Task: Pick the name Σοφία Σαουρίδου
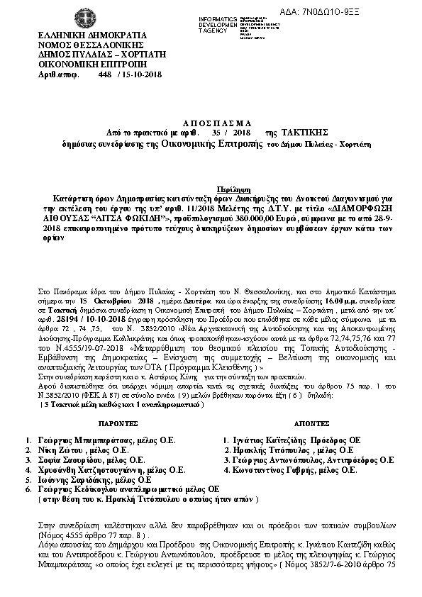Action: coord(68,459)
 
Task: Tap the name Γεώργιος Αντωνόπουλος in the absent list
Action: coord(282,459)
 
